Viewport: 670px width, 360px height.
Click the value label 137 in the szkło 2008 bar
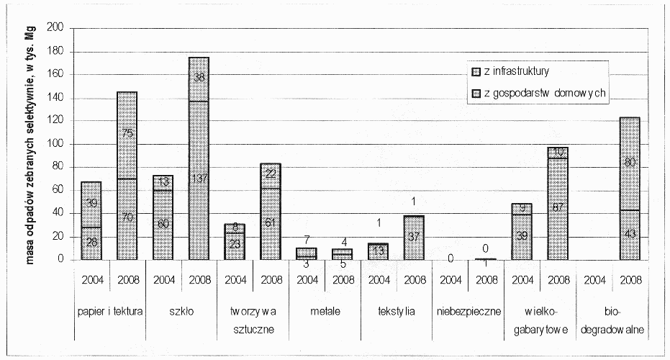(199, 178)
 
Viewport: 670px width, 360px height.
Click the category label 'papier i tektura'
(109, 312)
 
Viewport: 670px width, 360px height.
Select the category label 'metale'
(325, 312)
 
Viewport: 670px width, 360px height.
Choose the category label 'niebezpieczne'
(468, 312)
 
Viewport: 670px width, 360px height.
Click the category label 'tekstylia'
(397, 312)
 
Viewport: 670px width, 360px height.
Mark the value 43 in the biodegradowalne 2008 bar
(630, 235)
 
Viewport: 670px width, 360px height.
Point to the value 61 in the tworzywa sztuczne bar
(271, 223)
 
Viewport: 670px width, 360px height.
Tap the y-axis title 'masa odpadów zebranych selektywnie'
(33, 144)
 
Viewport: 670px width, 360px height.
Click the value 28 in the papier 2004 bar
(91, 243)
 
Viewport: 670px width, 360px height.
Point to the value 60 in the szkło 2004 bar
(163, 224)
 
